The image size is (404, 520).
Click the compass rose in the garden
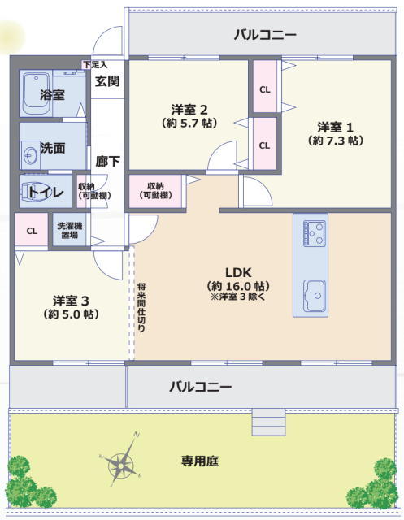coord(121,466)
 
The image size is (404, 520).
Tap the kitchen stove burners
coord(314,234)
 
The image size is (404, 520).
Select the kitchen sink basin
coord(315,296)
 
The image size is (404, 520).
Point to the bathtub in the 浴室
coord(37,94)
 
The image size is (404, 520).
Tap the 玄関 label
coord(107,81)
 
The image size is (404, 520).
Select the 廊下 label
coord(107,162)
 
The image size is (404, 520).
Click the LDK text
coord(238,273)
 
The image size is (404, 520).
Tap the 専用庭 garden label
coord(200,461)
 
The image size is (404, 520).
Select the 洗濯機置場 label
coord(70,231)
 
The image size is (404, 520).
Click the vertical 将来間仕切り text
coord(141,307)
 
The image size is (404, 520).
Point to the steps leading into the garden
coord(268,422)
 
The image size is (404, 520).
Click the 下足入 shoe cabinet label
coord(95,65)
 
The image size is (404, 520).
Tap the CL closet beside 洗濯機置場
coord(32,231)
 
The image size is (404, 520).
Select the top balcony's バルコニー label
coord(265,35)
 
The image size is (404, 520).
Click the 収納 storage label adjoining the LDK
coord(156,190)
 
